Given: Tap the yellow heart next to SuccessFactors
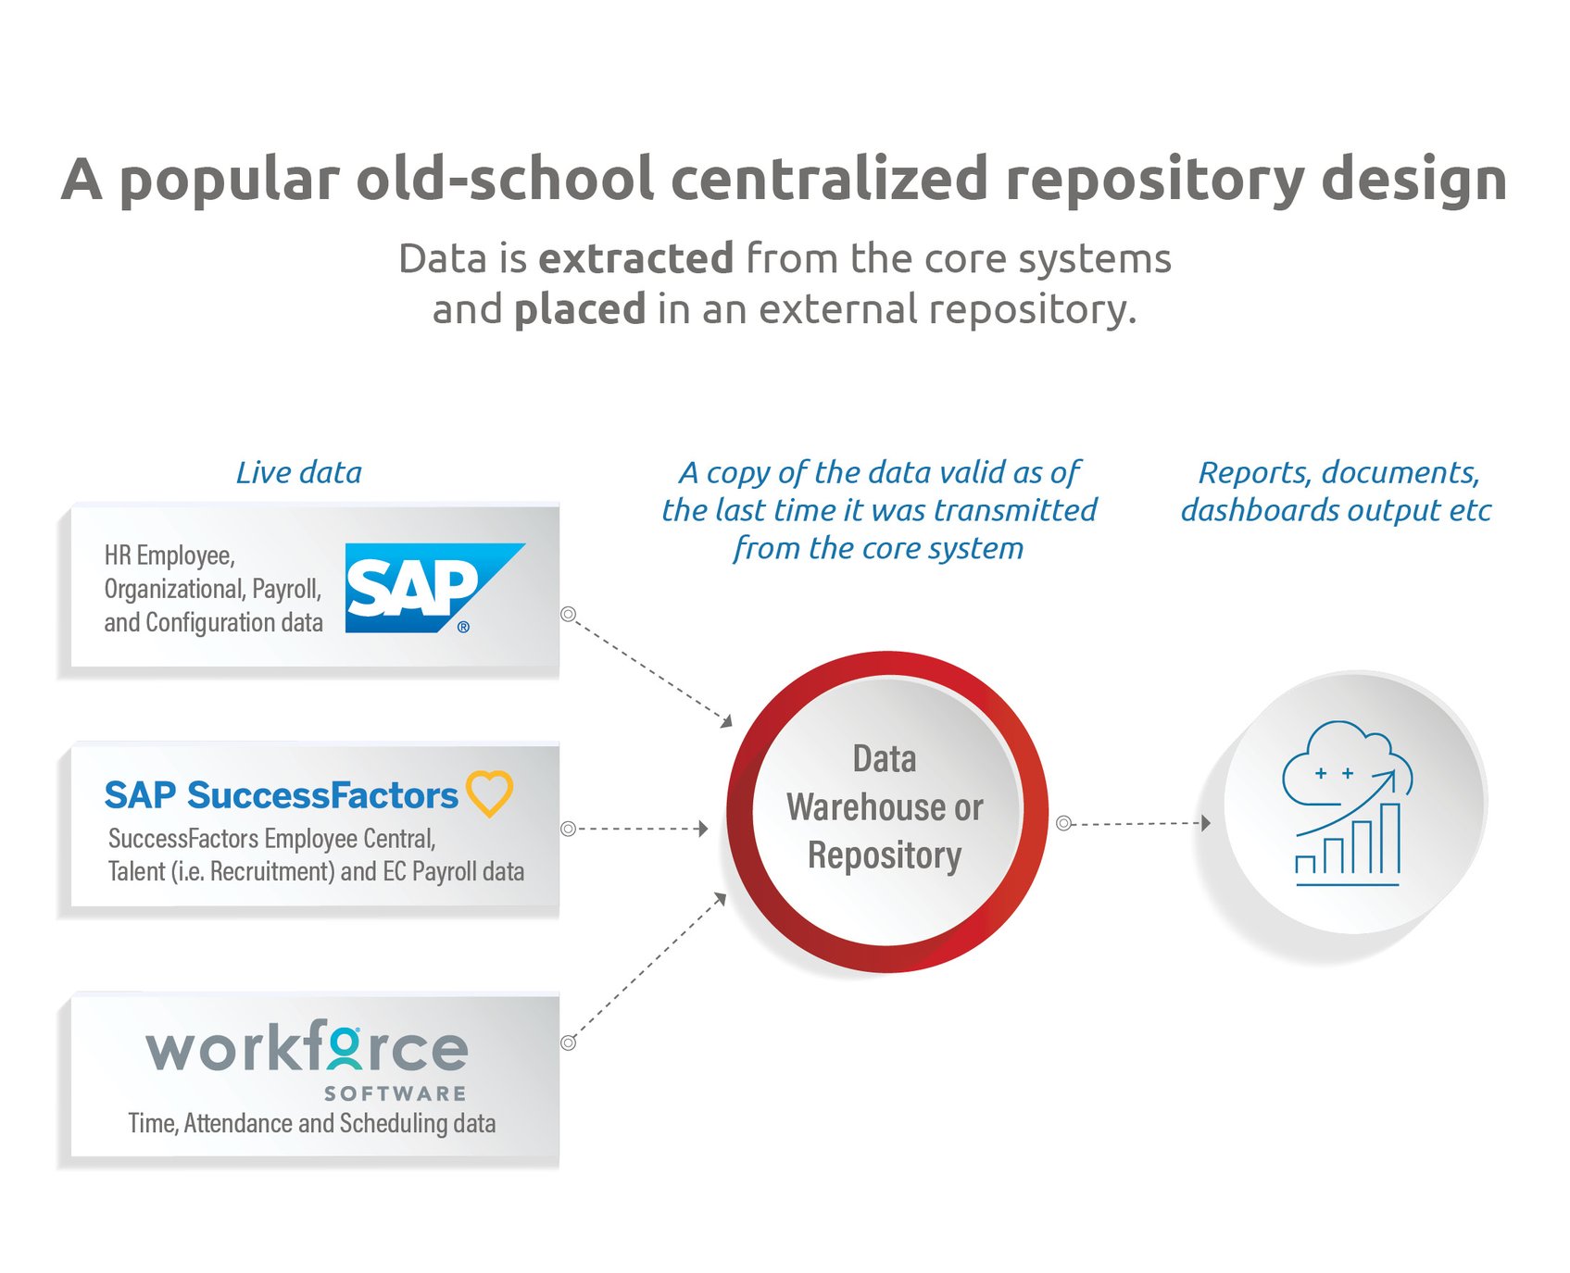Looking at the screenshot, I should tap(489, 793).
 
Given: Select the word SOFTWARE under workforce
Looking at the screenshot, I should tap(395, 1093).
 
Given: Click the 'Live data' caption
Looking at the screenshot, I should tap(298, 472).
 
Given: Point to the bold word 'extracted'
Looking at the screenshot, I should tap(635, 258).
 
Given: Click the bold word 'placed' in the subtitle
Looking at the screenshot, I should tap(580, 309).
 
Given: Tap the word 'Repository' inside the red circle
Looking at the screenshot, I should tap(885, 855).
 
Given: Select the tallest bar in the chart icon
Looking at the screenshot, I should tap(1390, 839).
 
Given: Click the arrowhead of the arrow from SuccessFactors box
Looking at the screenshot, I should tap(703, 828).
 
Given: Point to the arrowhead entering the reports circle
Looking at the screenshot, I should tap(1205, 822).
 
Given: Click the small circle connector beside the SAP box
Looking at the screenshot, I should tap(569, 614).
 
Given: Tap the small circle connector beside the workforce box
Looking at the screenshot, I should tap(569, 1042).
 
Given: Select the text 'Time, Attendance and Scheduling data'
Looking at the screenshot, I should tap(311, 1123).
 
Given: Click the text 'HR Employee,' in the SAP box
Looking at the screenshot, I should tap(170, 555).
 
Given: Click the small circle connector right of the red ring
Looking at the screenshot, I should tap(1064, 823).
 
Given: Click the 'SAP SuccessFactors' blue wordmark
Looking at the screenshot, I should tap(281, 795).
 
